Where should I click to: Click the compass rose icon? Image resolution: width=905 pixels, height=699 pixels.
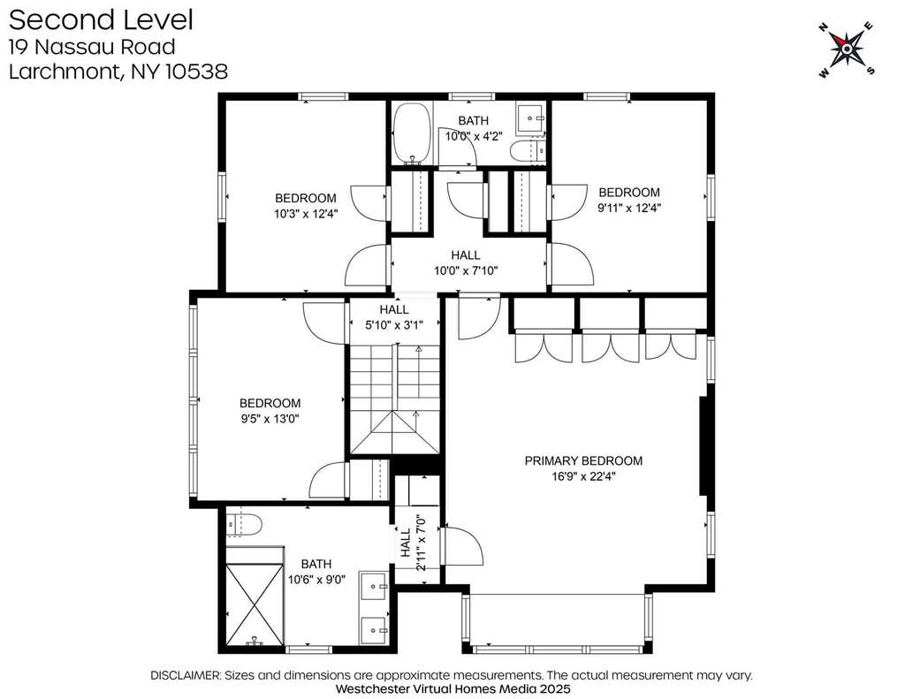click(847, 49)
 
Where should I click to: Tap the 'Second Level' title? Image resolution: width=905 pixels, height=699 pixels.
click(101, 20)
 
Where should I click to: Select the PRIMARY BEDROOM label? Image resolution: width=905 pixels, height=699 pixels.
click(583, 460)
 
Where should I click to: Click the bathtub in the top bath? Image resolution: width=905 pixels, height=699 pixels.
click(412, 134)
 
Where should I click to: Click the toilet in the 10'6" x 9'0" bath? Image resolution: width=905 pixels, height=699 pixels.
click(244, 525)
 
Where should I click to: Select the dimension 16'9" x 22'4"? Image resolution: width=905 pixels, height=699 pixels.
click(583, 477)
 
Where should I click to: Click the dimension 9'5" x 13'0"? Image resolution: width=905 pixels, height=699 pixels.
click(270, 419)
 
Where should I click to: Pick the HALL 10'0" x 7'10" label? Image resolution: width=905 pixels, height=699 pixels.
click(466, 262)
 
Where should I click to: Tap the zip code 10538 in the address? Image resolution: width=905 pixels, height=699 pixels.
click(196, 72)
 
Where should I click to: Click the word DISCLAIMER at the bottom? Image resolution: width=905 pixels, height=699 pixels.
click(185, 675)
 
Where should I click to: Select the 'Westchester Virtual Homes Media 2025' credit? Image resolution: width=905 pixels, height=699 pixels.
click(452, 688)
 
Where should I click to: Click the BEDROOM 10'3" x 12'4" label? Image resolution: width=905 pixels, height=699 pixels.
click(305, 206)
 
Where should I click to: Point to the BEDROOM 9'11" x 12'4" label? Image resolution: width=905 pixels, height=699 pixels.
click(629, 200)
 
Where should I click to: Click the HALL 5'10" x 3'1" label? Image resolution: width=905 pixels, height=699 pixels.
click(394, 317)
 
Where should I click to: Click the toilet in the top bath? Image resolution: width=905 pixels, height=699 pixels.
click(527, 150)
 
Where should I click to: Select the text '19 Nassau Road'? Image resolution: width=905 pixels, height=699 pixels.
click(92, 47)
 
